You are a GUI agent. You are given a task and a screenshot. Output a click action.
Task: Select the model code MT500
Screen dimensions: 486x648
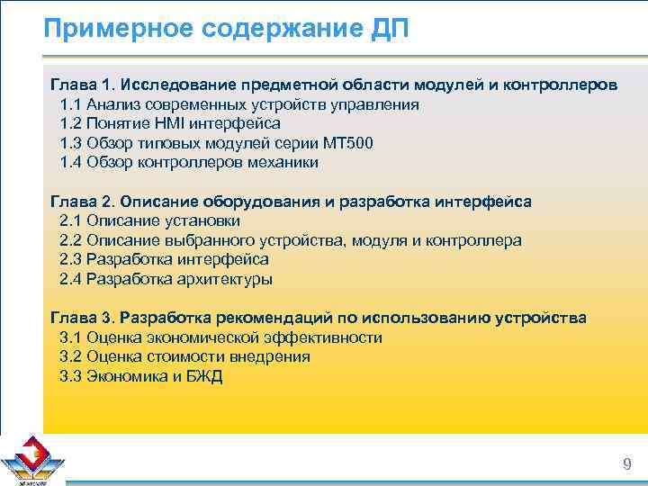(x=346, y=143)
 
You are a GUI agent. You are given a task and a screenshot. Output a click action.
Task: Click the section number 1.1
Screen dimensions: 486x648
(x=71, y=104)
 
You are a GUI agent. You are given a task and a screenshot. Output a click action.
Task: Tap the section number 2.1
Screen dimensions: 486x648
(x=71, y=220)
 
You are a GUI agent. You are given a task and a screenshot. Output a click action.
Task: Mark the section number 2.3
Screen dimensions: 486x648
(x=71, y=259)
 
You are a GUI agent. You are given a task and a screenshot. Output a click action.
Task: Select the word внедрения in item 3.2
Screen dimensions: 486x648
(x=271, y=356)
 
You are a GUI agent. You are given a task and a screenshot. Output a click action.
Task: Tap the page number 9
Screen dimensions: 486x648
(x=626, y=464)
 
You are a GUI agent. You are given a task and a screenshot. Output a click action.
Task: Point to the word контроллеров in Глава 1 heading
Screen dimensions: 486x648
(x=562, y=85)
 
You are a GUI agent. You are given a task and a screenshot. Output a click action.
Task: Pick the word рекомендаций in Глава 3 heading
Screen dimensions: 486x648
(x=275, y=318)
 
